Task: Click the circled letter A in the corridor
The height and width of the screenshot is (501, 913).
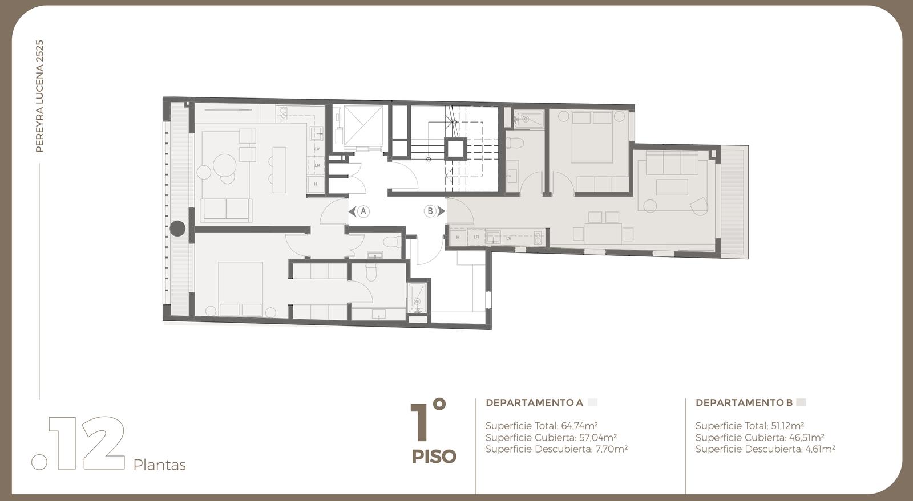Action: pos(363,211)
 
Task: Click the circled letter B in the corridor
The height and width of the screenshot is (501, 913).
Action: pos(430,211)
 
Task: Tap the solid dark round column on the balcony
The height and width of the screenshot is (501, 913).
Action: pos(177,229)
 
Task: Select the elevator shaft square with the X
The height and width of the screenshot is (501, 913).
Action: pos(363,125)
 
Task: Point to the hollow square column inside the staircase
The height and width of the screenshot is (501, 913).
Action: pos(455,149)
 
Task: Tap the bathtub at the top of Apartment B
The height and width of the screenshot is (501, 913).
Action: pos(528,119)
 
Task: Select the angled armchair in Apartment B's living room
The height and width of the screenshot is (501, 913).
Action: pos(700,206)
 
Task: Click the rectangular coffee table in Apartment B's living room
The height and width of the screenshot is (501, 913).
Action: pos(672,187)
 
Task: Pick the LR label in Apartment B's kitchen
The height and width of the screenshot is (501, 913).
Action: pos(476,237)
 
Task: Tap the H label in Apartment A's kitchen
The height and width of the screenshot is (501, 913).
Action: pos(315,184)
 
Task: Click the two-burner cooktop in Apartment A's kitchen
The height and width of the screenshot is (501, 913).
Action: pos(283,113)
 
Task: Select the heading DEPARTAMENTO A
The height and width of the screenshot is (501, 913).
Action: pos(534,402)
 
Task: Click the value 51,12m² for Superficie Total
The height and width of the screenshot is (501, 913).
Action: pos(787,426)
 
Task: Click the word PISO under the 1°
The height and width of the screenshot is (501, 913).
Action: pos(434,457)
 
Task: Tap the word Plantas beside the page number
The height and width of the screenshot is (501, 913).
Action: pos(159,465)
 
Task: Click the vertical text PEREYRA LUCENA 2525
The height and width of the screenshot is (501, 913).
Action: pos(39,96)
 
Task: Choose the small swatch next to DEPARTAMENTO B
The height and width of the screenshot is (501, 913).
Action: pos(801,402)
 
